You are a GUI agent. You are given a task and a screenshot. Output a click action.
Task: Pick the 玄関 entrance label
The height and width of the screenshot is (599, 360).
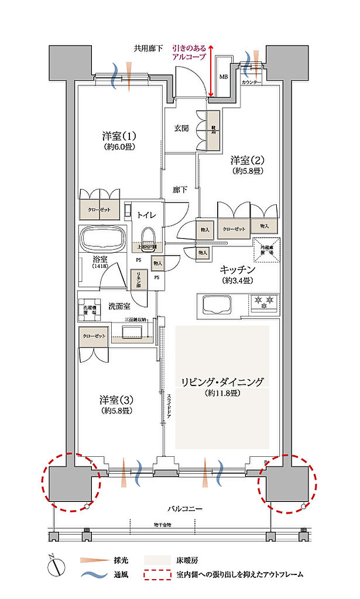[x=181, y=128]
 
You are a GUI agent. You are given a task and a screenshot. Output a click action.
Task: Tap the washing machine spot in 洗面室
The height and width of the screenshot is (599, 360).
[x=90, y=310]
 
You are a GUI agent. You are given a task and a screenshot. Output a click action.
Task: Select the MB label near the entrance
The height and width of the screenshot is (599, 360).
[x=223, y=76]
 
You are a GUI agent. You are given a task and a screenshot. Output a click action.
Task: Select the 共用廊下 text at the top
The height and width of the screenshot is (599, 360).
[x=148, y=49]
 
